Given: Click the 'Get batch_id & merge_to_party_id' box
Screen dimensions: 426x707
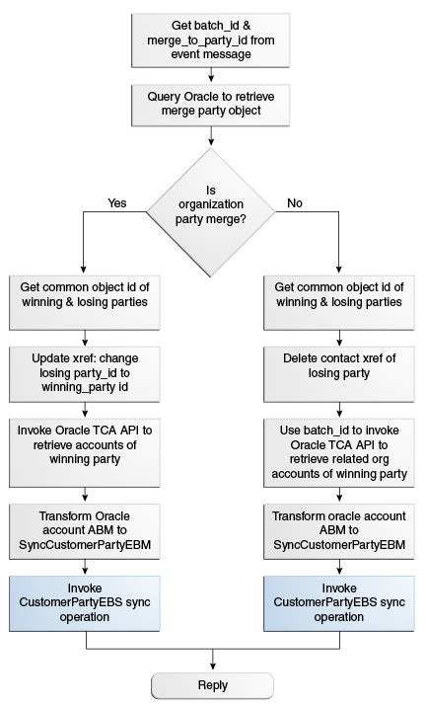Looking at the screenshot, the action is (210, 40).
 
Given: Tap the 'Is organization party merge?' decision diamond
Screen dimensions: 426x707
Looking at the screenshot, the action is (210, 212).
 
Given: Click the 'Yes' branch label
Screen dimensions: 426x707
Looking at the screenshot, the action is (117, 203).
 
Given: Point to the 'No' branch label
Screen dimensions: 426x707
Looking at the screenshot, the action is (295, 203).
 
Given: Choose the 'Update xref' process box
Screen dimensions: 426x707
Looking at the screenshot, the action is (85, 374).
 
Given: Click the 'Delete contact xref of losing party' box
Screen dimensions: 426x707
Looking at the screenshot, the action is (338, 374).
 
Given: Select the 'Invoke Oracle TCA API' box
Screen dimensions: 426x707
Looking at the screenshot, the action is (85, 452).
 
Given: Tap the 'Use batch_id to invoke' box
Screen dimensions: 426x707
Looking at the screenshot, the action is (338, 452).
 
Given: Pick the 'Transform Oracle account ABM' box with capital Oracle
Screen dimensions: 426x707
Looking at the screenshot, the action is (85, 531).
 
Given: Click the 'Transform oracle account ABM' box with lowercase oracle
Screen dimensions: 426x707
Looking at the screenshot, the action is (338, 531).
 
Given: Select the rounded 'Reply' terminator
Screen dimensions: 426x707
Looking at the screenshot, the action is (213, 685).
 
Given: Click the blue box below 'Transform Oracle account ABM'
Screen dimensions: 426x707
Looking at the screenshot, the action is (85, 603).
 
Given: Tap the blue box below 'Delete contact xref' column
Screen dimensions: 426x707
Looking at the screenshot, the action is (338, 603).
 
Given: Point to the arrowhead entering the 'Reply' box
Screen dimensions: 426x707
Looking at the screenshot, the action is (213, 669).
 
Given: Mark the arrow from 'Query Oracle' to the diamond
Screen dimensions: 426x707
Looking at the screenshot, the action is (211, 136).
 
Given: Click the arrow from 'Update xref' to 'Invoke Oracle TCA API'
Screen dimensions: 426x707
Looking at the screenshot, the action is (85, 411).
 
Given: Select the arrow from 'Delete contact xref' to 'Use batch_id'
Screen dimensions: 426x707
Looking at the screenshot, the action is (339, 411).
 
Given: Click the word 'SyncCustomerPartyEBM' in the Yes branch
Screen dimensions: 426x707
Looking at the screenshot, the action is (85, 545).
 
